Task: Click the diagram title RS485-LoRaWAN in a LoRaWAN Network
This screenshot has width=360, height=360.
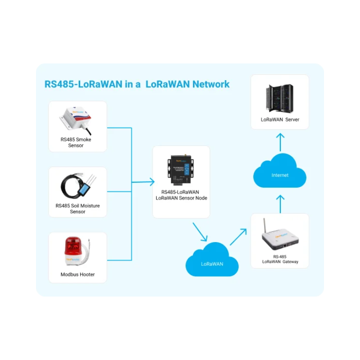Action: pyautogui.click(x=137, y=84)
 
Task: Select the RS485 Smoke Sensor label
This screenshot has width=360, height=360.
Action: pyautogui.click(x=76, y=142)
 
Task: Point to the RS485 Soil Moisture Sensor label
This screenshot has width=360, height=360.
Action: pyautogui.click(x=78, y=208)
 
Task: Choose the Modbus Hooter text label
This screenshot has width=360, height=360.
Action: pyautogui.click(x=78, y=274)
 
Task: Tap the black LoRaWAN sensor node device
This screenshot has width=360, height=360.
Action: pyautogui.click(x=181, y=170)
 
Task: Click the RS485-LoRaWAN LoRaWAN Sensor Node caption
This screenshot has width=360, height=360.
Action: pyautogui.click(x=181, y=195)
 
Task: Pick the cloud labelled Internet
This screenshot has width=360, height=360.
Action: pyautogui.click(x=280, y=173)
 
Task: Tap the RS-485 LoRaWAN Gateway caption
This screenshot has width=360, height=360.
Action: pyautogui.click(x=280, y=259)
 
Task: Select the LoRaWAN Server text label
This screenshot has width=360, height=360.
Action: pyautogui.click(x=280, y=120)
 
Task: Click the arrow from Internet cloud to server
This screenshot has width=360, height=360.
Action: pyautogui.click(x=280, y=142)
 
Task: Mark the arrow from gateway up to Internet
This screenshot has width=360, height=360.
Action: pyautogui.click(x=280, y=203)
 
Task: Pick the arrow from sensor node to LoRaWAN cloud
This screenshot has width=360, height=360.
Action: pyautogui.click(x=200, y=232)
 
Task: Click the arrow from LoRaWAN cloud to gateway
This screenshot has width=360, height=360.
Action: pyautogui.click(x=238, y=236)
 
